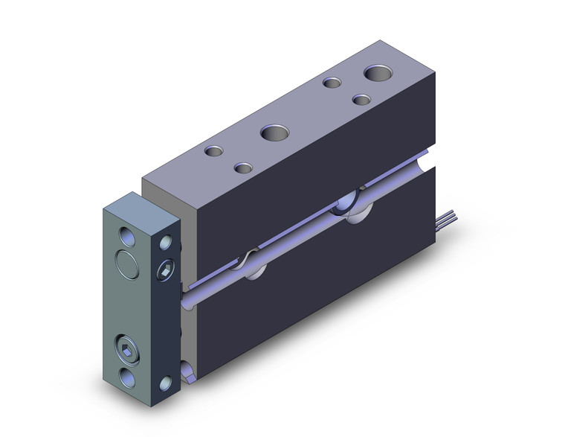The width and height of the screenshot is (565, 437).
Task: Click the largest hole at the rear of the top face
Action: click(x=378, y=74)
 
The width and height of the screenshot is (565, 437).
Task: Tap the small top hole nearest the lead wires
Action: click(x=362, y=99)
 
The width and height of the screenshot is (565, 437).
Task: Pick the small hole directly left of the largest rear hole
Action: click(x=332, y=83)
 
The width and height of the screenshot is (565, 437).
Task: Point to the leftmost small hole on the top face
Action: click(x=215, y=151)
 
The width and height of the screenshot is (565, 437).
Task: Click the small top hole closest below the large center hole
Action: click(x=242, y=167)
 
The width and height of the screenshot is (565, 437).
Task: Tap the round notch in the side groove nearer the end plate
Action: click(x=251, y=264)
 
